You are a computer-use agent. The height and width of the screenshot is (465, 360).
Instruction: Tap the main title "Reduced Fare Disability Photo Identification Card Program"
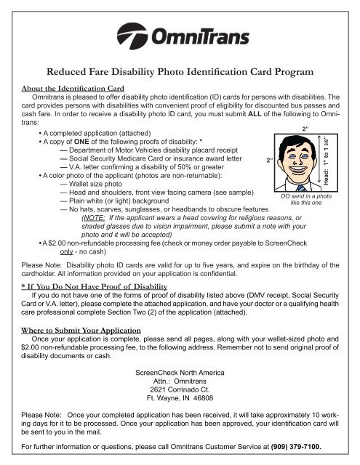180,71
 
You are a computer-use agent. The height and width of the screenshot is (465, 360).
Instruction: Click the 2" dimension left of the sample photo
270,160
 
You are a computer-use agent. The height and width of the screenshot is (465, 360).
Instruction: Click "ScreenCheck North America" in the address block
179,368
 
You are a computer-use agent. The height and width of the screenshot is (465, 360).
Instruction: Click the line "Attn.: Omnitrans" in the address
179,378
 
